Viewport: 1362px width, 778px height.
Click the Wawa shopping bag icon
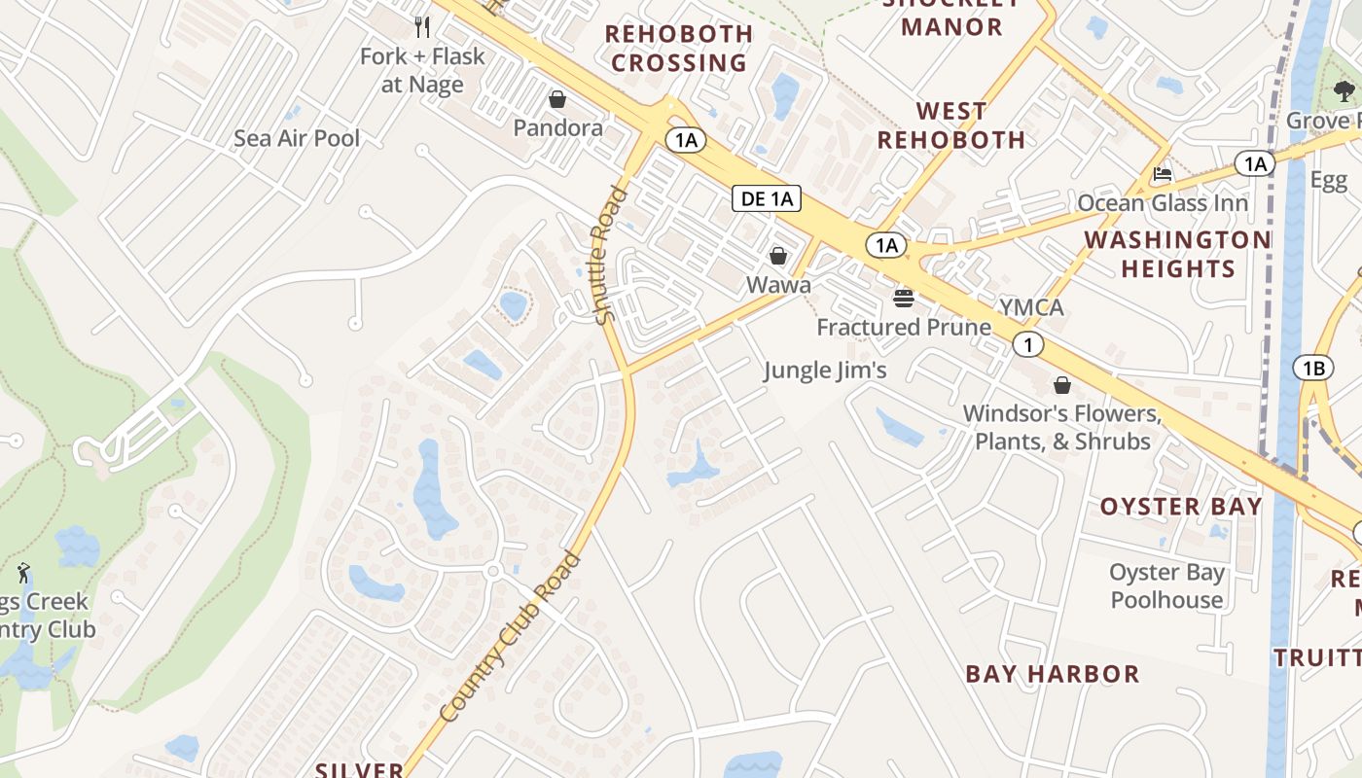[x=778, y=256]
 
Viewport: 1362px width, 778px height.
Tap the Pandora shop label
[x=557, y=127]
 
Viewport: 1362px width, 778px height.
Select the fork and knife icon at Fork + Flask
[x=421, y=26]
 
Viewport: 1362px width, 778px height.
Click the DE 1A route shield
[x=767, y=199]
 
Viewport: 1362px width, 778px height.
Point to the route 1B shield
[x=1313, y=368]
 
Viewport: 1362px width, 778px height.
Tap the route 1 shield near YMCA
[x=1028, y=343]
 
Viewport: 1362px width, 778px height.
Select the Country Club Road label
[x=509, y=638]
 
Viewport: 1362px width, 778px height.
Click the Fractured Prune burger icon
[x=904, y=298]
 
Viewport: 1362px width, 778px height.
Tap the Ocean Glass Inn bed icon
[x=1162, y=175]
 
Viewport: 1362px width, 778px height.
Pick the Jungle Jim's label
[x=825, y=370]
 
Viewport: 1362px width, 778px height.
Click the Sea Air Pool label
[x=297, y=138]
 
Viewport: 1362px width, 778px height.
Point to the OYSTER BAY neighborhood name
[x=1180, y=506]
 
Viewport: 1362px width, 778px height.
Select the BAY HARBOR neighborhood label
[x=1052, y=673]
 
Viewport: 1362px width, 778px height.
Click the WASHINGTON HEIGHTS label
[x=1178, y=253]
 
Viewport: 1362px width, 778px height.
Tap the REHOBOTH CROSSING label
[x=679, y=48]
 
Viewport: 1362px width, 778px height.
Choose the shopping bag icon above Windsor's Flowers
[x=1062, y=385]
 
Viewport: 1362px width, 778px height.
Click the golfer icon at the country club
[x=24, y=572]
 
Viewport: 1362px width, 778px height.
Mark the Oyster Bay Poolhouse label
[x=1166, y=585]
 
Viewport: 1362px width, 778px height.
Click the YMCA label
[x=1031, y=308]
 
